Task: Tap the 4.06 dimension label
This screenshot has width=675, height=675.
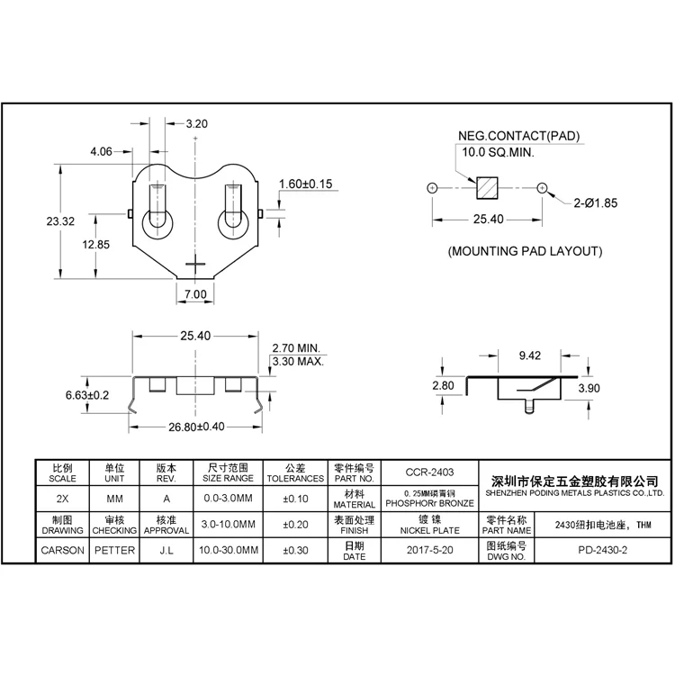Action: pyautogui.click(x=101, y=152)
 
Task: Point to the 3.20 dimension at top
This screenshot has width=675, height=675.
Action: pyautogui.click(x=196, y=124)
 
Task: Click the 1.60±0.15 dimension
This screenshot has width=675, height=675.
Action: pyautogui.click(x=306, y=184)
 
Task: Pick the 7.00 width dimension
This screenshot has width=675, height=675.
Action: pyautogui.click(x=195, y=294)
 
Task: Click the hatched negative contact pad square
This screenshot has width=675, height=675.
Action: pyautogui.click(x=487, y=189)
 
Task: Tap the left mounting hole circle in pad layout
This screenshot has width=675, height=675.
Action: pyautogui.click(x=432, y=188)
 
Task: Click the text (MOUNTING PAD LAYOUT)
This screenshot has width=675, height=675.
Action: pyautogui.click(x=525, y=252)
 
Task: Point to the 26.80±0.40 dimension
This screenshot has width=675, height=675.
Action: pyautogui.click(x=197, y=427)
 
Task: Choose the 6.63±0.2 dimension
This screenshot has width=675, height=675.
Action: pyautogui.click(x=87, y=395)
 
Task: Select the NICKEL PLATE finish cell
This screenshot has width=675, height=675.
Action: pyautogui.click(x=429, y=531)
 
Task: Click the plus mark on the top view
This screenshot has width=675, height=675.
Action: pyautogui.click(x=195, y=263)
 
